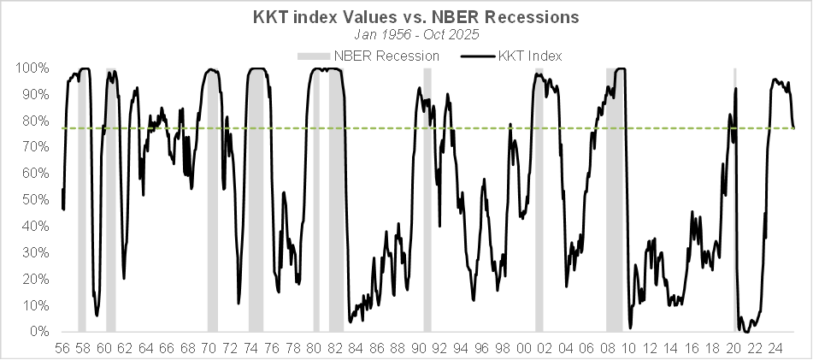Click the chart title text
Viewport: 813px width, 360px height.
point(406,16)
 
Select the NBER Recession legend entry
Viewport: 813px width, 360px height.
point(368,56)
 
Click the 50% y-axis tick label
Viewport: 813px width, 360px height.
point(35,200)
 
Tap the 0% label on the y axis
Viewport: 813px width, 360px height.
point(38,332)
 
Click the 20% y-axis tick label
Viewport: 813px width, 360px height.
point(35,280)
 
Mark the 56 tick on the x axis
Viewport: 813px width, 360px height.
point(62,349)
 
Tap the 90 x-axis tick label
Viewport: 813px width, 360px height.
point(419,349)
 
